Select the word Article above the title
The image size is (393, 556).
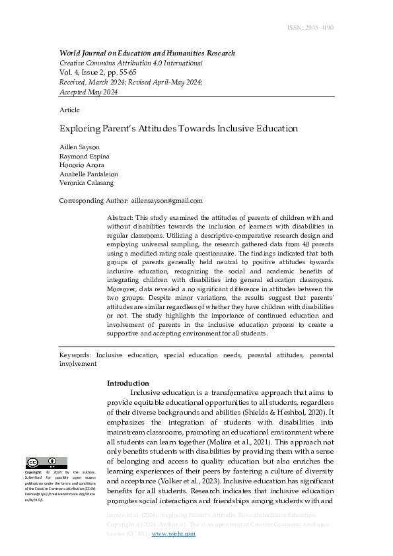click(x=69, y=110)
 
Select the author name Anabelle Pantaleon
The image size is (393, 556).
click(x=89, y=174)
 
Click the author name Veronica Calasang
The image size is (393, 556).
click(x=87, y=183)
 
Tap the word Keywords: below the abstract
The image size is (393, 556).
click(x=76, y=355)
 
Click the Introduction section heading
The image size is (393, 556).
click(x=128, y=383)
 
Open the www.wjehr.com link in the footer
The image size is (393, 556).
click(x=174, y=534)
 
